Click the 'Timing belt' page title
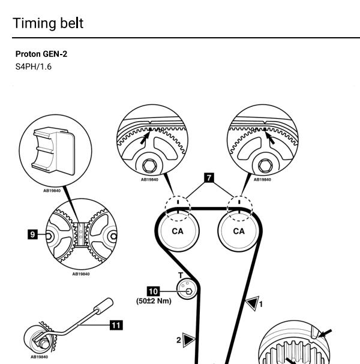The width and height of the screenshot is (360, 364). pyautogui.click(x=48, y=23)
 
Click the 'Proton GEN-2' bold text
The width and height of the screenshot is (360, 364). pyautogui.click(x=41, y=54)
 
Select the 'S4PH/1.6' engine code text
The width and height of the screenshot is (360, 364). pyautogui.click(x=34, y=67)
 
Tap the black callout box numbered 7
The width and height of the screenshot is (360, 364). pyautogui.click(x=209, y=178)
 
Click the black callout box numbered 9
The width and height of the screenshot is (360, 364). pyautogui.click(x=32, y=234)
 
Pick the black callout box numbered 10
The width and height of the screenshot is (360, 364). pyautogui.click(x=153, y=291)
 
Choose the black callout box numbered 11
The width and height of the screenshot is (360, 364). pyautogui.click(x=116, y=325)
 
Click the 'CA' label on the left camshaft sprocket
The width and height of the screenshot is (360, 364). pyautogui.click(x=178, y=231)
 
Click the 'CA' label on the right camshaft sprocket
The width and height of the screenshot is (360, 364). pyautogui.click(x=239, y=231)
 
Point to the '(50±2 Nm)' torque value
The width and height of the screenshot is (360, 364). pyautogui.click(x=154, y=301)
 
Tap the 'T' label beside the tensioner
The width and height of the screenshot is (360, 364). pyautogui.click(x=181, y=275)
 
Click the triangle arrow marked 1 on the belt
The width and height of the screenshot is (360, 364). pyautogui.click(x=252, y=303)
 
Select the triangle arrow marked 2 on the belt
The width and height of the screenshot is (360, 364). pyautogui.click(x=188, y=340)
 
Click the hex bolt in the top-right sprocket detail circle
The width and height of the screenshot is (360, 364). pyautogui.click(x=265, y=166)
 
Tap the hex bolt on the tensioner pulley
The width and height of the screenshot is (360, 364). pyautogui.click(x=189, y=291)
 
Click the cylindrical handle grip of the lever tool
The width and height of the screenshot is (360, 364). pyautogui.click(x=104, y=306)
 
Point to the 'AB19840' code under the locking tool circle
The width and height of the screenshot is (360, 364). pyautogui.click(x=52, y=191)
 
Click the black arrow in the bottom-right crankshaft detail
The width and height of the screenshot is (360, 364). pyautogui.click(x=325, y=333)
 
